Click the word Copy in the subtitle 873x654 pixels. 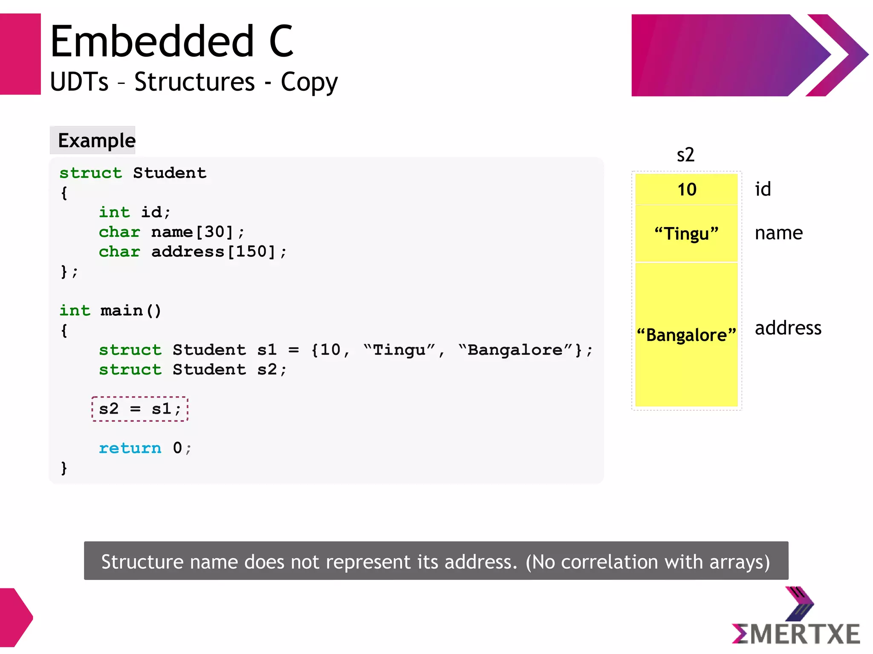coord(309,82)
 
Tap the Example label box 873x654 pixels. coord(93,140)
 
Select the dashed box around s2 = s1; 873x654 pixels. coord(140,409)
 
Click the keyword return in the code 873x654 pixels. coord(130,448)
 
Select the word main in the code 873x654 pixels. coord(121,311)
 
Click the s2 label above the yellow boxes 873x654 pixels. coord(685,155)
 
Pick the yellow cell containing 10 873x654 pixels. coord(686,189)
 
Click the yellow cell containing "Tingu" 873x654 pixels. coord(686,233)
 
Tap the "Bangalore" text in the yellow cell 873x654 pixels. coord(686,335)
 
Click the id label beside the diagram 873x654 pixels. coord(763,189)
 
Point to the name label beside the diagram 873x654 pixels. coord(778,233)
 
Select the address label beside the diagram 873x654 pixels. coord(788,328)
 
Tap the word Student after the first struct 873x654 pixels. coord(169,173)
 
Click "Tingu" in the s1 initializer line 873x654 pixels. coord(399,350)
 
